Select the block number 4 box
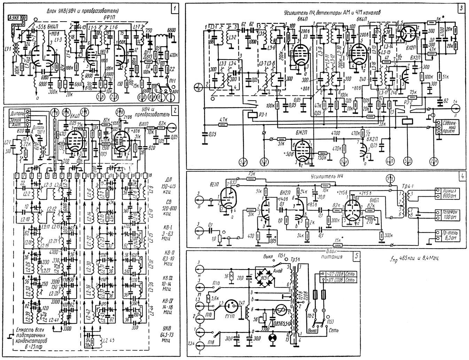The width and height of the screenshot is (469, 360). (x=462, y=176)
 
